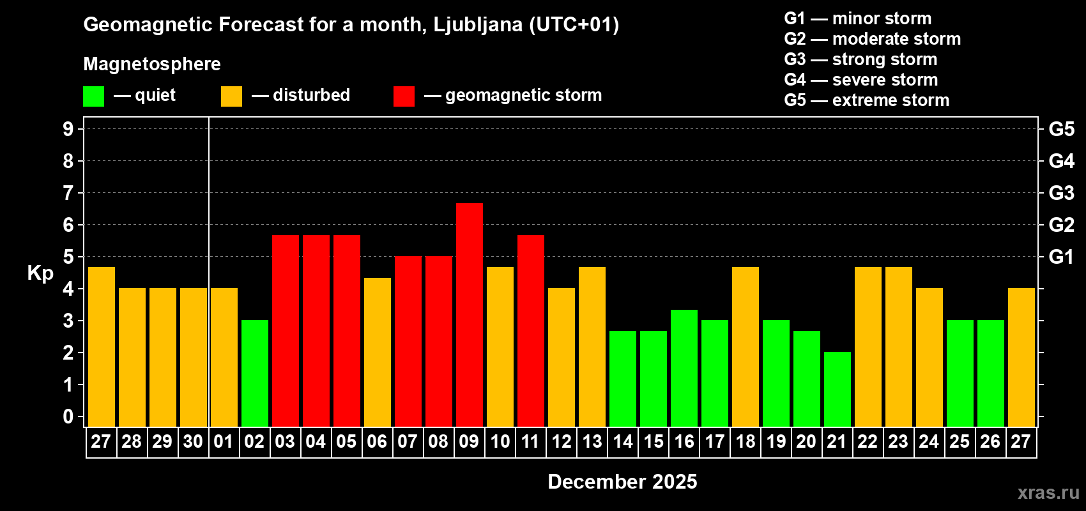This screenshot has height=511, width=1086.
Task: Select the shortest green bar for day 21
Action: pos(837,389)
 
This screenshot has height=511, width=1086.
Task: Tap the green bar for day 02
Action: pos(255,373)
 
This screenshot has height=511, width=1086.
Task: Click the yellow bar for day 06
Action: pos(378,352)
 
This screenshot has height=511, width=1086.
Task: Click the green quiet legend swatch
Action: pos(94,96)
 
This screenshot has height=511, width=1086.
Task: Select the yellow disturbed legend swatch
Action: pos(231,96)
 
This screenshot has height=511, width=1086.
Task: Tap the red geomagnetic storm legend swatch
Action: pos(404,96)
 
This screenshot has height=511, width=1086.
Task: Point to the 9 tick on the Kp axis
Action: pos(68,129)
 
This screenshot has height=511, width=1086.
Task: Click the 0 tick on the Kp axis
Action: pos(68,417)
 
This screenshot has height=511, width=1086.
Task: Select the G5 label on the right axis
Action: pos(1061,129)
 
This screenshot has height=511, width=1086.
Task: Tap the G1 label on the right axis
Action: pos(1061,257)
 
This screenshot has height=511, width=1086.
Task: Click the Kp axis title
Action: pos(40,273)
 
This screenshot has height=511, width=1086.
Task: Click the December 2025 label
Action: pos(622,482)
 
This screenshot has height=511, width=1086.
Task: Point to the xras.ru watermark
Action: pos(1048,492)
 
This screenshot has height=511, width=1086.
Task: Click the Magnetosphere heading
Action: pos(152,64)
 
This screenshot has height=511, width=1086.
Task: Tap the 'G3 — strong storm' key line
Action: pos(860,59)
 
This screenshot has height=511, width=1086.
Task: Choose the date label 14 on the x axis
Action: pos(623,442)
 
